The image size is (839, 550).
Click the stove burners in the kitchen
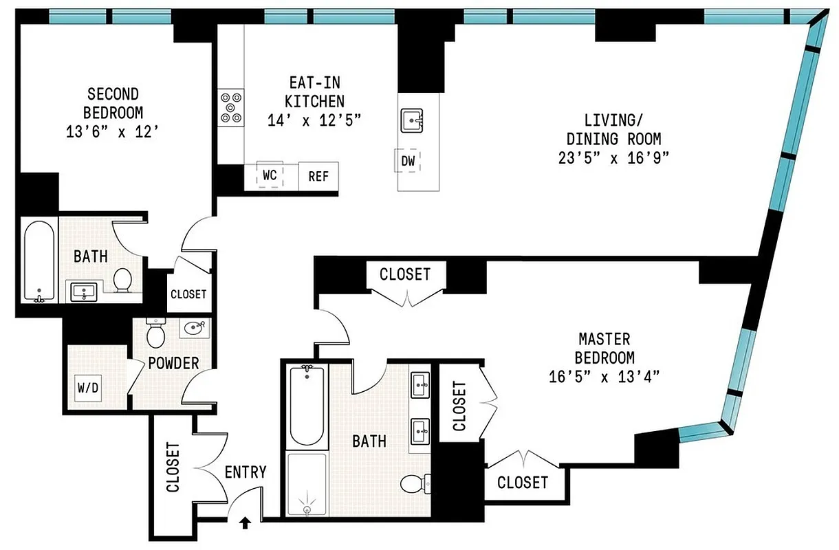[231, 107]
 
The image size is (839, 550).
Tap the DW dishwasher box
[408, 162]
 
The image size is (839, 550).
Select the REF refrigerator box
[318, 177]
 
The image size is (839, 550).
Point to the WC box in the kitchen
[270, 175]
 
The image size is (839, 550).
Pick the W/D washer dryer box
[88, 387]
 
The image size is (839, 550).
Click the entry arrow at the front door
[244, 524]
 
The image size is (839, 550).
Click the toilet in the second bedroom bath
[123, 279]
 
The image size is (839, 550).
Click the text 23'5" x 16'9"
[613, 157]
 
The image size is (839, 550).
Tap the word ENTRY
[246, 472]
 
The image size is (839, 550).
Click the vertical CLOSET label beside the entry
[172, 467]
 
